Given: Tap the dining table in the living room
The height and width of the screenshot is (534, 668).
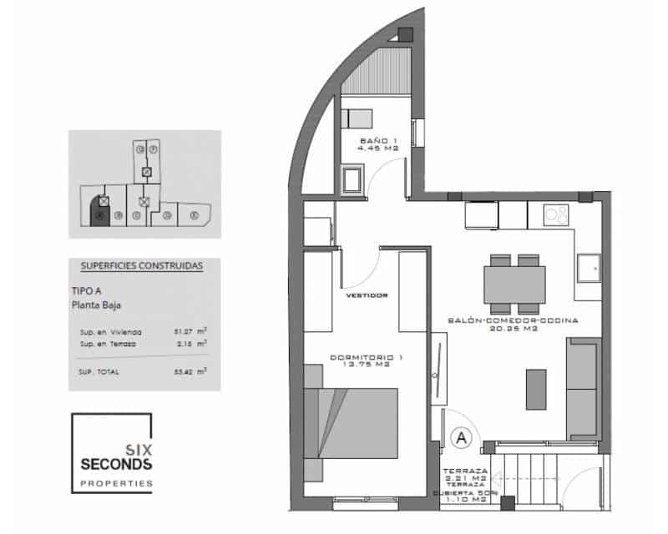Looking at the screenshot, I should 514,283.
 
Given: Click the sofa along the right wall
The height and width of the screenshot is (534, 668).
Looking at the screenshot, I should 582,389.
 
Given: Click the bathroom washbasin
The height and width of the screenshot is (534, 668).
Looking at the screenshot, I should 352,179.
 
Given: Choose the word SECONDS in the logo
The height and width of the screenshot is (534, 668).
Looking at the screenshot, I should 115,463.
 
